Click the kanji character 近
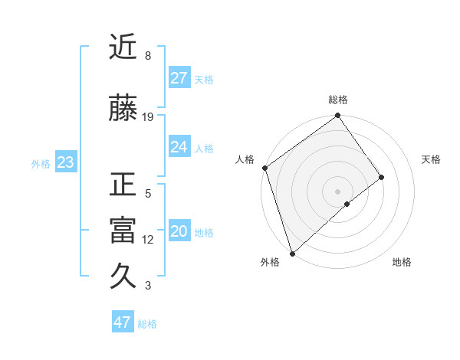click(x=123, y=47)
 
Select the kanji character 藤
click(x=123, y=110)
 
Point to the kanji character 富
click(x=123, y=231)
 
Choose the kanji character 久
click(x=123, y=277)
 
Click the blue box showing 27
click(x=179, y=77)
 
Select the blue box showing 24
click(x=179, y=147)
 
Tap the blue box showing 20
click(x=179, y=231)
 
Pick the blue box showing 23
click(x=65, y=162)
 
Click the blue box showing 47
click(x=123, y=322)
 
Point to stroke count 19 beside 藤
click(x=148, y=117)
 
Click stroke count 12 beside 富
click(x=148, y=240)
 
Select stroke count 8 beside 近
click(x=148, y=56)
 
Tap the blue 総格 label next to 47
click(x=147, y=324)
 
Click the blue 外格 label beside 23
click(x=41, y=163)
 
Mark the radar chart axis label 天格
click(x=432, y=159)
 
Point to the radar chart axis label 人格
click(x=245, y=159)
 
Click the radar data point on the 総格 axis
click(x=338, y=116)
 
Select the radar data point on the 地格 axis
click(x=347, y=204)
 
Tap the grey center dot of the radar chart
click(x=337, y=191)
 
